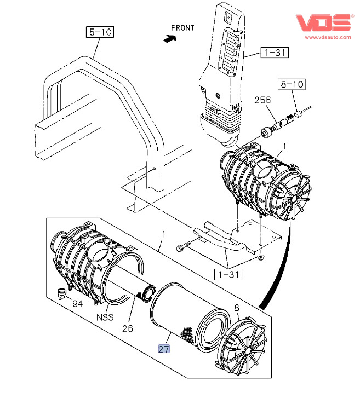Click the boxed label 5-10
point(100,32)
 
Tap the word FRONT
point(182,27)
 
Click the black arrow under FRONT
point(170,39)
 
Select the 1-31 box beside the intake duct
point(275,53)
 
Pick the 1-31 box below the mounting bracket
point(228,274)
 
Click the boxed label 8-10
point(292,84)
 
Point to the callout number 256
point(262,100)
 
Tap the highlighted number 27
point(164,349)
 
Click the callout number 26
point(128,328)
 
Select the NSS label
point(105,317)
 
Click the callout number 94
point(78,304)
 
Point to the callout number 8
point(237,308)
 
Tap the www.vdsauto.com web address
point(328,37)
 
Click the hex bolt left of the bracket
point(182,246)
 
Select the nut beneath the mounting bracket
point(261,257)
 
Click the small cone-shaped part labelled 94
point(61,294)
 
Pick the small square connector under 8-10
point(298,113)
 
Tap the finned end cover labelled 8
point(241,346)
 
